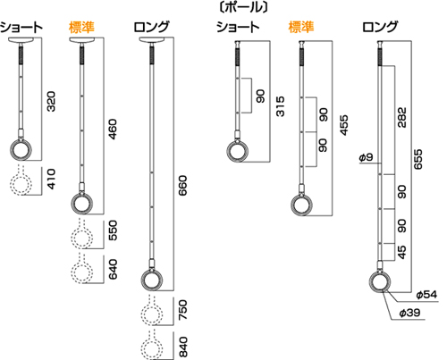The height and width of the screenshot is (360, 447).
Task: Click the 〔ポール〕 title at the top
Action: click(x=243, y=7)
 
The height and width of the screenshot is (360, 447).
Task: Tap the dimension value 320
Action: click(x=51, y=102)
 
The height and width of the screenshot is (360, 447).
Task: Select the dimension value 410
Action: click(x=51, y=179)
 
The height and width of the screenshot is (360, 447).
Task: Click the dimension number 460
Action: click(x=113, y=130)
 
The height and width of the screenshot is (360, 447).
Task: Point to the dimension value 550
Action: click(x=113, y=230)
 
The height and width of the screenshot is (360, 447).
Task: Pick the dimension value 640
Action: click(x=113, y=270)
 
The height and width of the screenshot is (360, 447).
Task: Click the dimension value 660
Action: click(x=182, y=185)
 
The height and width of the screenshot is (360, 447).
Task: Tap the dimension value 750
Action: click(x=182, y=310)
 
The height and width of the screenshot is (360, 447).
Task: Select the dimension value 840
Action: click(x=183, y=347)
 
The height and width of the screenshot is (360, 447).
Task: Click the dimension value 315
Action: click(x=280, y=106)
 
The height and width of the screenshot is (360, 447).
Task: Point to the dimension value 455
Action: click(x=344, y=125)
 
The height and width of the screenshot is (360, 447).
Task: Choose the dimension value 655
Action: click(x=418, y=159)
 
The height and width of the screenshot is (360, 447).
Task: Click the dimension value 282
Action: click(x=401, y=118)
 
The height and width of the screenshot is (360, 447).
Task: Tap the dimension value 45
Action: click(x=401, y=252)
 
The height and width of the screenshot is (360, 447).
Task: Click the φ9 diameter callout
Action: click(x=366, y=157)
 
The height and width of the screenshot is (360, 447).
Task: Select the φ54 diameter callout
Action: click(x=426, y=295)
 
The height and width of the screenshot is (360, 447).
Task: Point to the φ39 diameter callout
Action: click(x=409, y=313)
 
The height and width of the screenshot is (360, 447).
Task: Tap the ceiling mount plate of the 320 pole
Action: click(x=21, y=40)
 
